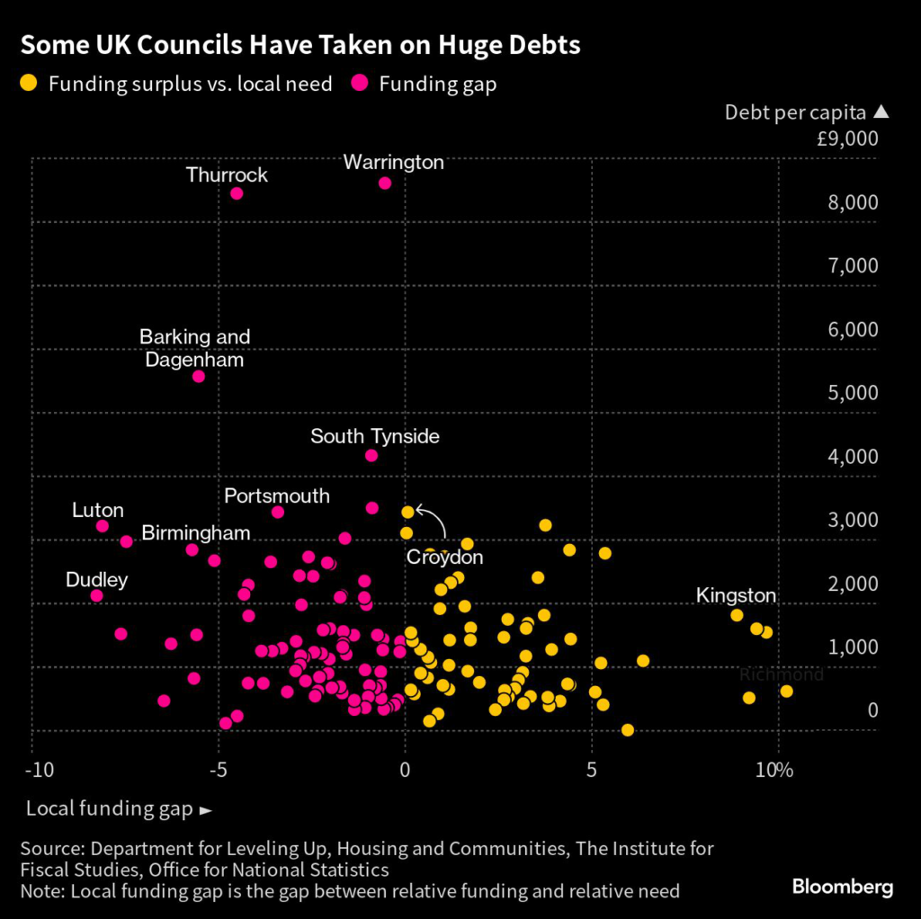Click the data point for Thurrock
[237, 193]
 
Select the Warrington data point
[385, 183]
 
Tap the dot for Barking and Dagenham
[199, 376]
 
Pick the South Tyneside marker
[371, 456]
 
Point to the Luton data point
[103, 526]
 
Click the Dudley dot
[97, 595]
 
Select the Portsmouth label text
[277, 496]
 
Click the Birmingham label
[196, 532]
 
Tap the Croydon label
[444, 558]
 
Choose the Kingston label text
[736, 595]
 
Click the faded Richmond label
[781, 674]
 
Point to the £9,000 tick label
[847, 139]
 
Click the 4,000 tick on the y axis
[853, 457]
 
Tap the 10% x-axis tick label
[774, 771]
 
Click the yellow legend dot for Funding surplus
[30, 84]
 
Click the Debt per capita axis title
[795, 112]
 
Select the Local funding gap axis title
[109, 809]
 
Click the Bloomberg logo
[842, 888]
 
